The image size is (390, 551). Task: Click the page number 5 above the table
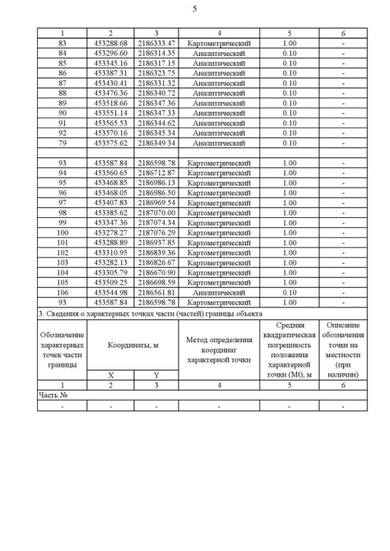194,9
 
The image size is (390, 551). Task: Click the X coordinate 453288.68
110,43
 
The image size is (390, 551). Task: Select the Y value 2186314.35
156,54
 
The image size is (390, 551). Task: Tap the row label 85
62,63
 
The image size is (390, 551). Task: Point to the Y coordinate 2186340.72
156,93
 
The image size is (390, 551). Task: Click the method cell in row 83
219,43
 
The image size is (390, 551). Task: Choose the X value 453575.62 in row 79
110,143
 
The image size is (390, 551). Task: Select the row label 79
62,143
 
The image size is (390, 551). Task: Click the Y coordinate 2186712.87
156,173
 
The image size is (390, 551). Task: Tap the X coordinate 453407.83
110,203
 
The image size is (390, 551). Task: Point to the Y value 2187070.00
156,212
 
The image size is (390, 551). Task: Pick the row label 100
62,233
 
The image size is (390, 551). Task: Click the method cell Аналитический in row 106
219,292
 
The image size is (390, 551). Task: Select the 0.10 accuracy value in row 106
289,292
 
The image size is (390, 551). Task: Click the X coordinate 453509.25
110,283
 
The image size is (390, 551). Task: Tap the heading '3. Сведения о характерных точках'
150,313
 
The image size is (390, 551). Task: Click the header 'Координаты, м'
133,345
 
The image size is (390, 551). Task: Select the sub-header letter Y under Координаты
156,376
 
